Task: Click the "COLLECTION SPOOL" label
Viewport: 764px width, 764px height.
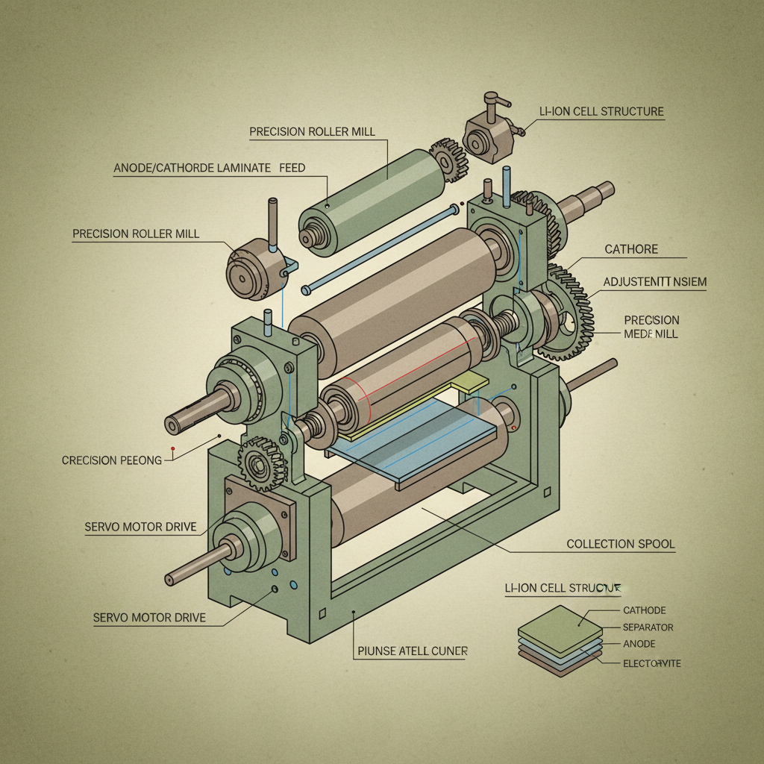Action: (x=620, y=544)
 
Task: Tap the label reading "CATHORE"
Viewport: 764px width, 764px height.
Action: (x=630, y=249)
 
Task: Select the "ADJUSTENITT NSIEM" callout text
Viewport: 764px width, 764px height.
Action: (x=654, y=282)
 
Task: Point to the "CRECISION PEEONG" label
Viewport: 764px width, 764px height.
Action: (x=112, y=460)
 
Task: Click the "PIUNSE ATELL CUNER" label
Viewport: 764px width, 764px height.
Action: (x=413, y=651)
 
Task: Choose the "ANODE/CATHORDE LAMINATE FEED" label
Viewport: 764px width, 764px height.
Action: (x=209, y=169)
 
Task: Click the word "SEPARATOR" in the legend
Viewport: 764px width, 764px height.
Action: (x=648, y=627)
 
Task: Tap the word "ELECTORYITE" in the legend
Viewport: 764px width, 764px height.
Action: (x=651, y=663)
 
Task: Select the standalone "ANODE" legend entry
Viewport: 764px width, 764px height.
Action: (x=639, y=645)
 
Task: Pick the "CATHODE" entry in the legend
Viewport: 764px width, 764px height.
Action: (x=644, y=610)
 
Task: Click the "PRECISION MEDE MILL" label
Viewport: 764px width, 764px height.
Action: (x=651, y=327)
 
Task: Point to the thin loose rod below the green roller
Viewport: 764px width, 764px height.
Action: (x=381, y=250)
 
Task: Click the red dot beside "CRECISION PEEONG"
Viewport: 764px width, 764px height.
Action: (x=172, y=449)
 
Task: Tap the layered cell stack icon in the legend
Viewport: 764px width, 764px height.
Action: (x=560, y=640)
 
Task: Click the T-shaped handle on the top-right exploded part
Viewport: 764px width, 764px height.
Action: (x=492, y=100)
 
